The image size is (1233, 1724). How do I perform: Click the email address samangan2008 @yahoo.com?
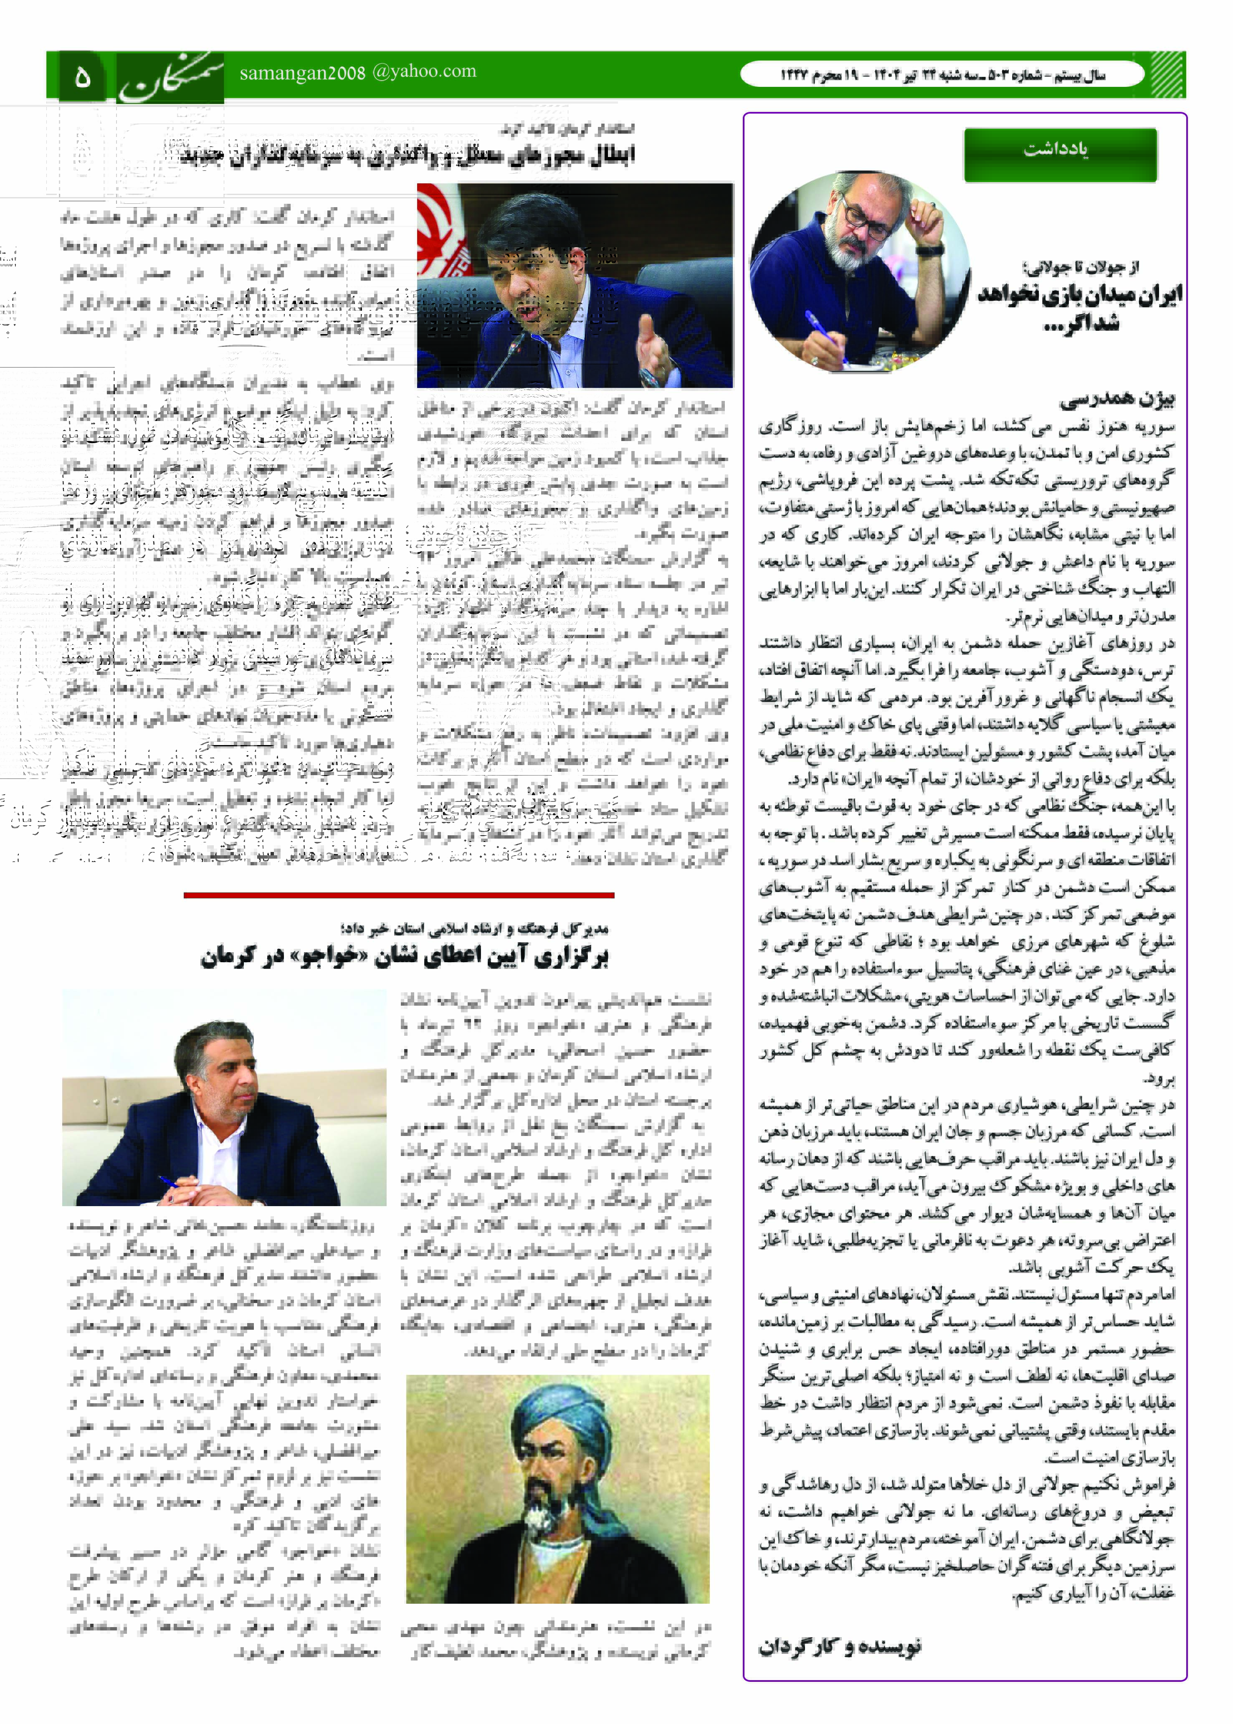click(357, 72)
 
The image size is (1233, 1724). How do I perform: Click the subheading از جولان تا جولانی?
click(1081, 267)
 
